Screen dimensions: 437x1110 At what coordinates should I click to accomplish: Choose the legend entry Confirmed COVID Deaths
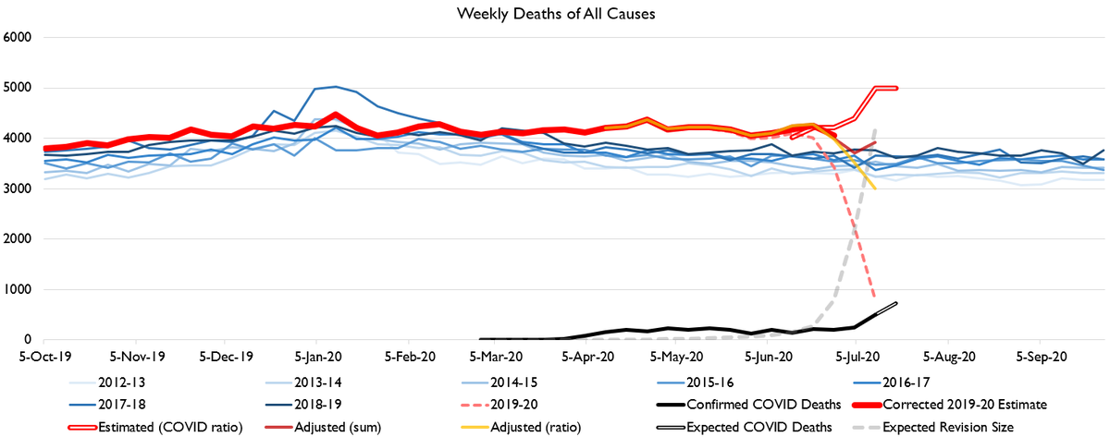pyautogui.click(x=736, y=404)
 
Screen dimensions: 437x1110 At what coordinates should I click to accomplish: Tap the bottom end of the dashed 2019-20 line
pyautogui.click(x=875, y=298)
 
